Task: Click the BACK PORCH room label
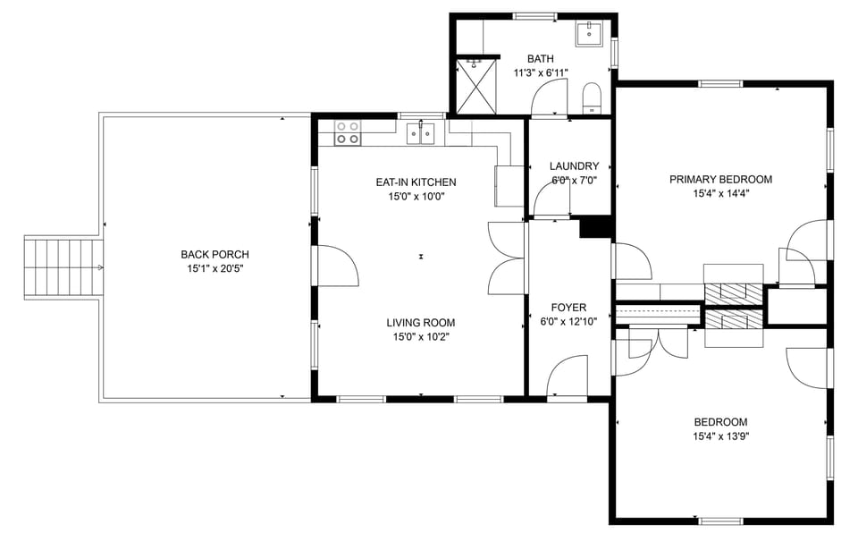pyautogui.click(x=214, y=255)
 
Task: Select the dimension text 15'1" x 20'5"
pyautogui.click(x=214, y=268)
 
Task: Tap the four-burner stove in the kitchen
pyautogui.click(x=348, y=133)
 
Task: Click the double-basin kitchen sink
pyautogui.click(x=420, y=133)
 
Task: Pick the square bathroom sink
pyautogui.click(x=589, y=34)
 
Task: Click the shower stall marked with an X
pyautogui.click(x=475, y=86)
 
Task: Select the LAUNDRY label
pyautogui.click(x=574, y=166)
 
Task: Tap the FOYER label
pyautogui.click(x=568, y=308)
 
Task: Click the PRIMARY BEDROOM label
pyautogui.click(x=720, y=180)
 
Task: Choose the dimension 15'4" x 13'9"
pyautogui.click(x=720, y=436)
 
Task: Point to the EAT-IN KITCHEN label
pyautogui.click(x=416, y=182)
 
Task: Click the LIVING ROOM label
pyautogui.click(x=420, y=323)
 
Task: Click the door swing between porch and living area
pyautogui.click(x=337, y=266)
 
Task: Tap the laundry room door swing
pyautogui.click(x=551, y=199)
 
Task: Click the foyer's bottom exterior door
pyautogui.click(x=567, y=376)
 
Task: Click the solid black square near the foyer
pyautogui.click(x=593, y=228)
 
